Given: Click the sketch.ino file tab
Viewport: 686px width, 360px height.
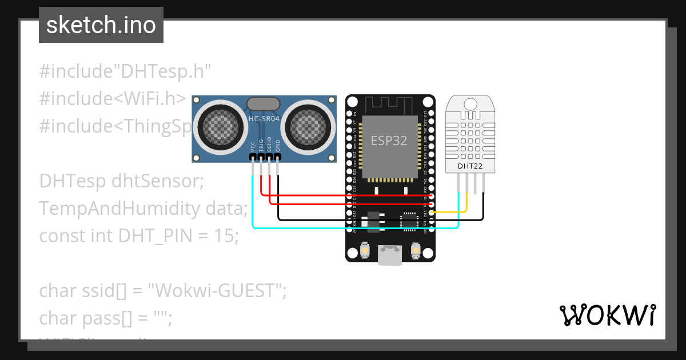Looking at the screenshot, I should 101,25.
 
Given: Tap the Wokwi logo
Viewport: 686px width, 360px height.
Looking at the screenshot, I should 607,315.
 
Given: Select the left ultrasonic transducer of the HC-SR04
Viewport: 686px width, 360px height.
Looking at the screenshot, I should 217,123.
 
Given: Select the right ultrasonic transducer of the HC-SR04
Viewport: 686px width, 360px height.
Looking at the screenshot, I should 308,123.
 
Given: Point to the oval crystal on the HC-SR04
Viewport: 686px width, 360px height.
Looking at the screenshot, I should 263,103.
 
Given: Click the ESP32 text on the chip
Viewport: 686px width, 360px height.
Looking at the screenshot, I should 389,141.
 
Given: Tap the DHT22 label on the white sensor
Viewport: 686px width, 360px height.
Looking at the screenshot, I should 470,166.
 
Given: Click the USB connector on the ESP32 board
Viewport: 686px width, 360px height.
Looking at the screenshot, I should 389,255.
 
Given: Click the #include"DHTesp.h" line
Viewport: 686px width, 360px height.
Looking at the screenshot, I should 125,71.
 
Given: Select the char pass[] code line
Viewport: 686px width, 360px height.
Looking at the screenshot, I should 106,318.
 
